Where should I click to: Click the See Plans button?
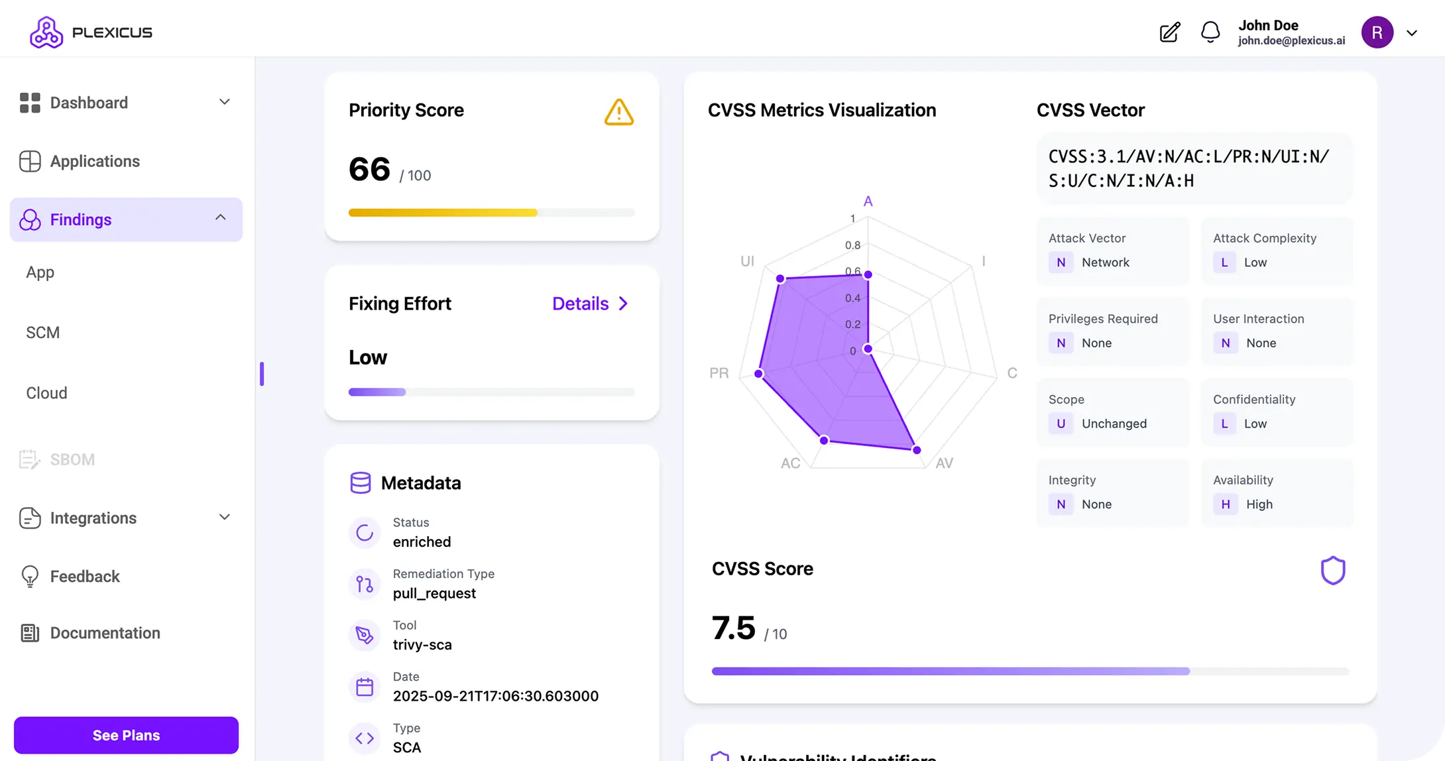(x=126, y=735)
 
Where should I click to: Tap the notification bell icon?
(x=1210, y=32)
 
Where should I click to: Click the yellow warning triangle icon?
(x=618, y=112)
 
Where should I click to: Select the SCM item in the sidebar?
(x=43, y=333)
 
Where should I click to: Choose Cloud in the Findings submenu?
(x=46, y=393)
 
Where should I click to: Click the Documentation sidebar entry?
(x=105, y=633)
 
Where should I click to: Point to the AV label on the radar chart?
(x=944, y=463)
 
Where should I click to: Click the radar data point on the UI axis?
(x=780, y=278)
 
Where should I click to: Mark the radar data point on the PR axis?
(x=759, y=374)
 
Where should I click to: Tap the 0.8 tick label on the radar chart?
(x=852, y=245)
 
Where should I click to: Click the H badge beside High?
(x=1225, y=504)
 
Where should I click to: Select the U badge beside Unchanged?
(x=1061, y=424)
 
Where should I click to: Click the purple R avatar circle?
(x=1377, y=32)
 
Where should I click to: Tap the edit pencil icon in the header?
(x=1170, y=32)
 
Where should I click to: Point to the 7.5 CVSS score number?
(x=733, y=628)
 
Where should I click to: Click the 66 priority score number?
(x=369, y=169)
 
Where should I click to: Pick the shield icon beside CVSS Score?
(x=1332, y=570)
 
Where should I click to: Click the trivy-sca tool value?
(x=422, y=645)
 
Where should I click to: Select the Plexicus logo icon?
(x=46, y=32)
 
